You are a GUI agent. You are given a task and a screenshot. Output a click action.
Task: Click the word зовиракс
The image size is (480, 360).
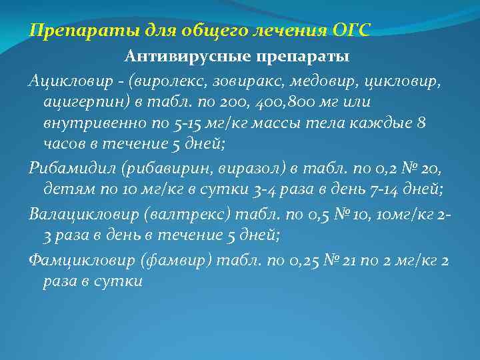(x=237, y=81)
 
